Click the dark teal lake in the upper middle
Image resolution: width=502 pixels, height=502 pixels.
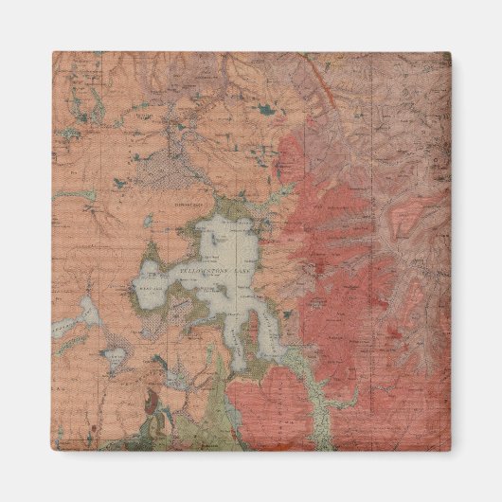[x=268, y=113]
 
